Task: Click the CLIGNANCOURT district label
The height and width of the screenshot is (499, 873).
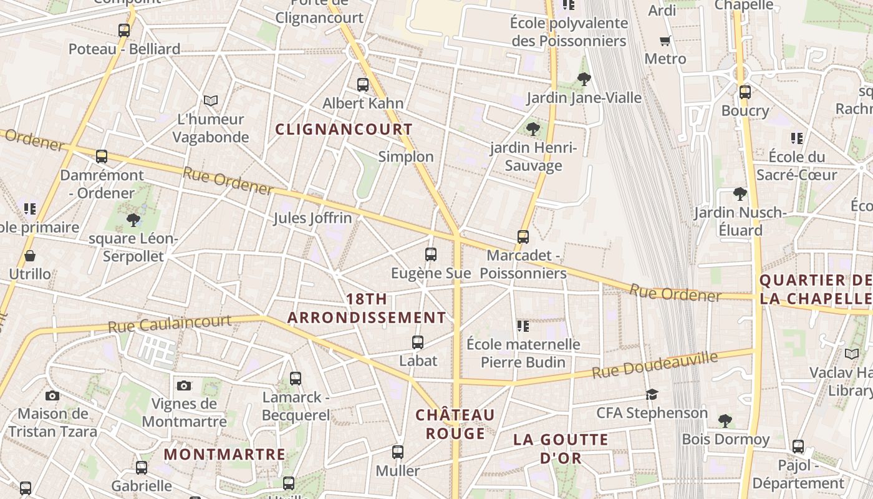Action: click(x=344, y=130)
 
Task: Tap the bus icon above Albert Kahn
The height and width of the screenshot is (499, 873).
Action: click(x=363, y=85)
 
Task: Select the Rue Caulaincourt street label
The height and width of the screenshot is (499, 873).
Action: click(x=170, y=324)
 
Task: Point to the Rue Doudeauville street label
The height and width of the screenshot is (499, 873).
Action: click(x=655, y=365)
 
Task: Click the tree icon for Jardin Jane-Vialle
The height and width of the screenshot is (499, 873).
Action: click(x=584, y=79)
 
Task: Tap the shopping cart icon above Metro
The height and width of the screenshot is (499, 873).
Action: click(x=665, y=41)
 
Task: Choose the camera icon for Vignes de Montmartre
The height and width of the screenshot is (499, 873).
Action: click(x=183, y=385)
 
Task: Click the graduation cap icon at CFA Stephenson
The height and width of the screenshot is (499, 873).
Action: click(x=652, y=394)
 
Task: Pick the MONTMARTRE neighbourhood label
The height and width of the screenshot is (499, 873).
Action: click(x=224, y=455)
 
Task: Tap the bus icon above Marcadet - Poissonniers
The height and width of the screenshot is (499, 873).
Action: click(x=523, y=237)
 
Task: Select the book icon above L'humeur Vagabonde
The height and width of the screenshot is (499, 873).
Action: click(x=211, y=100)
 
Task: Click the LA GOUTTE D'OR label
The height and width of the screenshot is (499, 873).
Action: click(x=561, y=448)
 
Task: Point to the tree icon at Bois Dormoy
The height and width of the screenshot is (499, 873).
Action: click(x=725, y=420)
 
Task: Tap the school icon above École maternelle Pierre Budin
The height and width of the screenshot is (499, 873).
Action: click(x=523, y=326)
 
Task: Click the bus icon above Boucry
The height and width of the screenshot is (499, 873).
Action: click(x=745, y=92)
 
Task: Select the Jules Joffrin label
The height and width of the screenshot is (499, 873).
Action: click(x=312, y=218)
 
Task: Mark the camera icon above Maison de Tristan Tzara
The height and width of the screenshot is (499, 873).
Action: click(x=52, y=395)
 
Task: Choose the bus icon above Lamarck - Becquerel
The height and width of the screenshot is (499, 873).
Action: click(x=296, y=378)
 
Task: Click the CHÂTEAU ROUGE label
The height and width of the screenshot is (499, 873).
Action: click(x=455, y=424)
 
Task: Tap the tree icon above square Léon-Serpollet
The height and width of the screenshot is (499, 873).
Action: click(x=133, y=220)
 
